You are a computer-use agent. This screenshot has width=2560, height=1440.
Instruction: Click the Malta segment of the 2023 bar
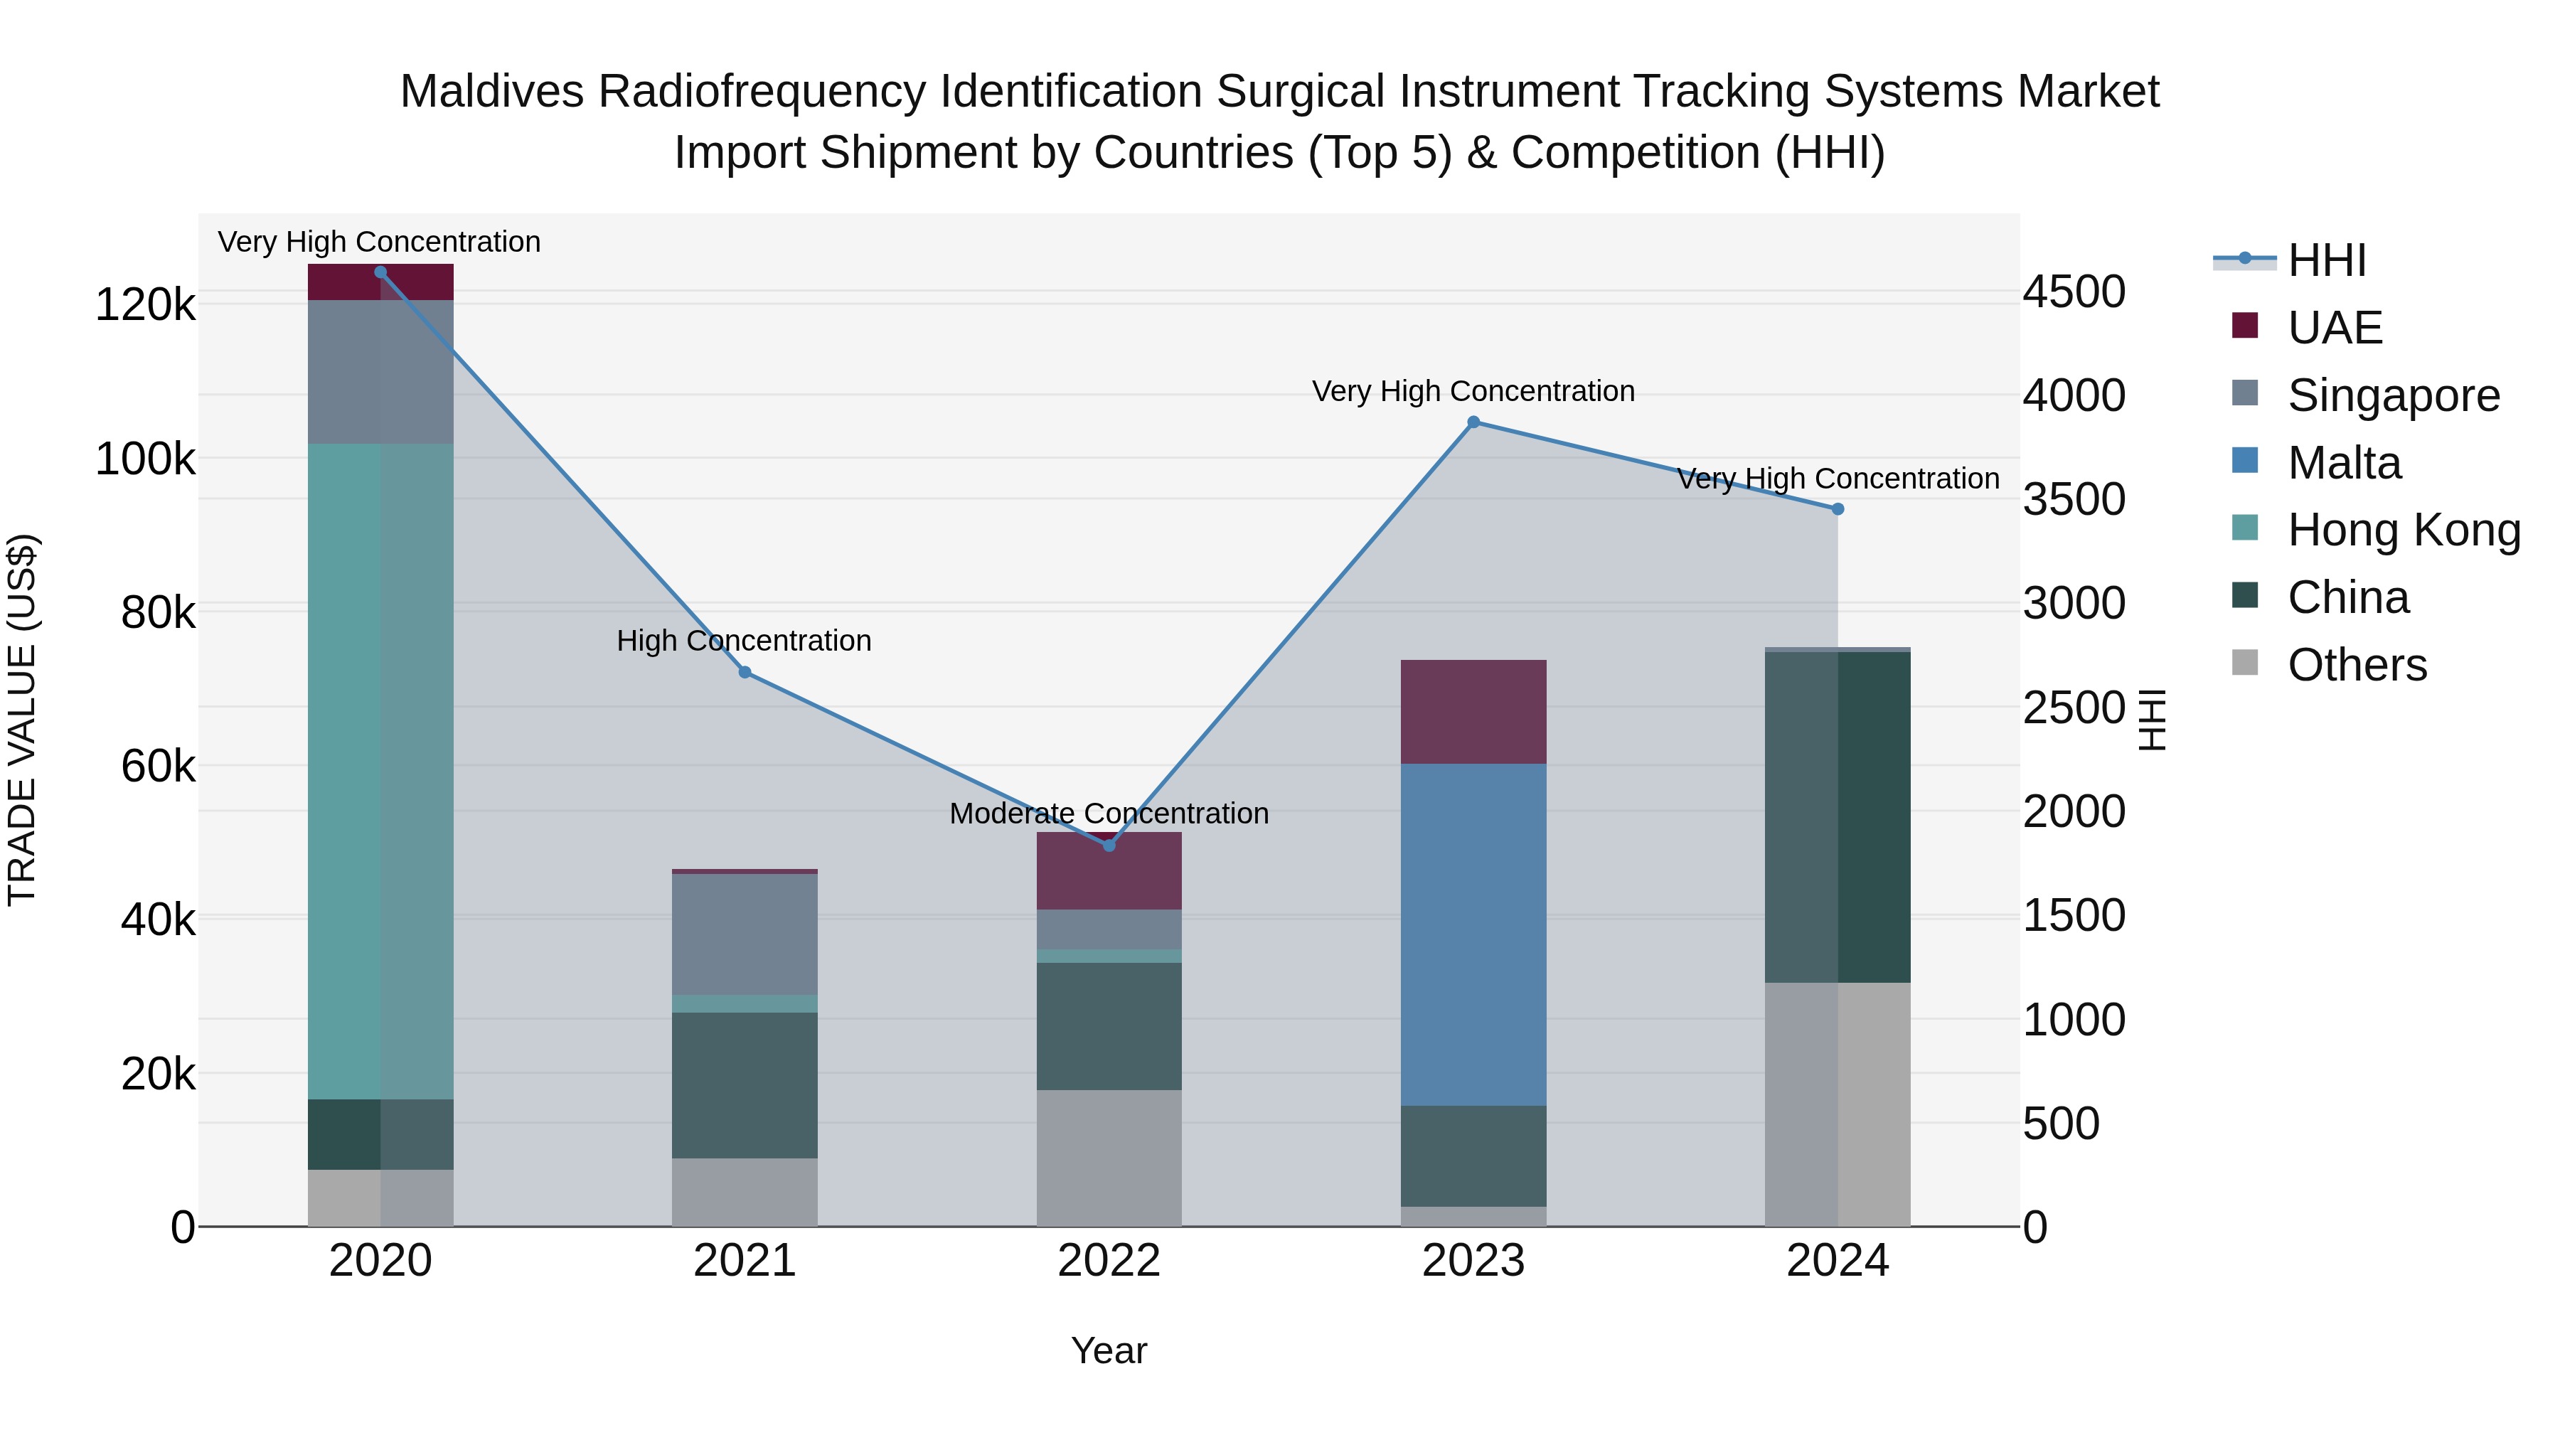[1474, 934]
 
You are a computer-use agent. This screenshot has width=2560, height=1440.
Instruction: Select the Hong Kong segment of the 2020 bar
[380, 771]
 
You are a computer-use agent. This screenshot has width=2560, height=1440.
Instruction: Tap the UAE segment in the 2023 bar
[1474, 712]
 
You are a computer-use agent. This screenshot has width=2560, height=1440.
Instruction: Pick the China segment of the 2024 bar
[1838, 817]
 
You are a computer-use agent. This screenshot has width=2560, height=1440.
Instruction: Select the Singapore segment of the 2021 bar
[745, 934]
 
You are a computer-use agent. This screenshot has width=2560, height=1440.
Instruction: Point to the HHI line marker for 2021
[745, 673]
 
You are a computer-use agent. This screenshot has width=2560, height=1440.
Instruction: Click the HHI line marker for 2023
[1474, 422]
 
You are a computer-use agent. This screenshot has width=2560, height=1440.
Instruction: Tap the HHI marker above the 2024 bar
[1838, 509]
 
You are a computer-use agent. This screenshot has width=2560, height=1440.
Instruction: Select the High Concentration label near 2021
[745, 641]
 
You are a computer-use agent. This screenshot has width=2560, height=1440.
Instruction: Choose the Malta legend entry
[2343, 463]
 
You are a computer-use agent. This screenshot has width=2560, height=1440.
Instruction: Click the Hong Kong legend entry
[2403, 530]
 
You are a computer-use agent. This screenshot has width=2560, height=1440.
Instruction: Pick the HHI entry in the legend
[2325, 260]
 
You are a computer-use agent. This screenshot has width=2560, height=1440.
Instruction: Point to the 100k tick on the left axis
[145, 460]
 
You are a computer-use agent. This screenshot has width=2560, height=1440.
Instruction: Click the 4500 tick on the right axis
[2074, 292]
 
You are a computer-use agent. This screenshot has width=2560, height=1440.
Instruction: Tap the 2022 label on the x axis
[1109, 1261]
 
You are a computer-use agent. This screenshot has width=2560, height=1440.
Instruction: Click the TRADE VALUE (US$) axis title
[22, 720]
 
